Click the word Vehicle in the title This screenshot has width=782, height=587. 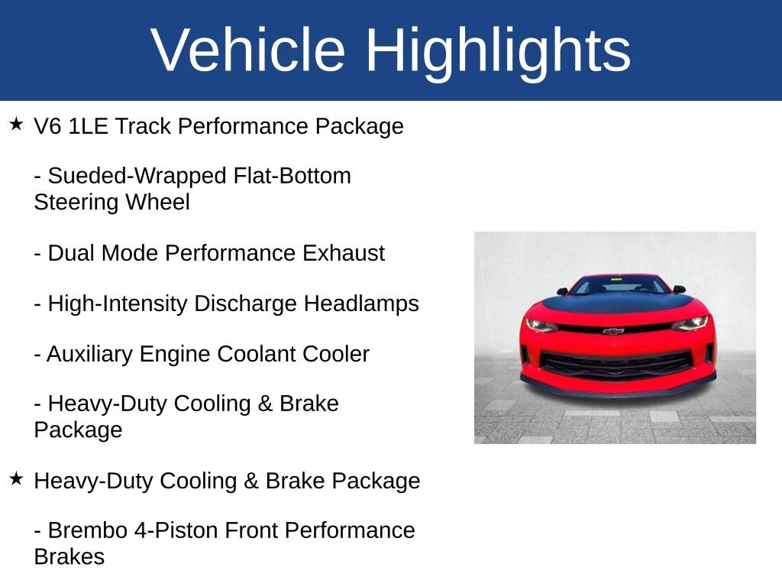tap(249, 50)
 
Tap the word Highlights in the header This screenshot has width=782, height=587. tap(497, 50)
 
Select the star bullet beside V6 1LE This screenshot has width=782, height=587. tap(17, 124)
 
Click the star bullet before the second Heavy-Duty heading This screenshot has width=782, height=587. tap(17, 478)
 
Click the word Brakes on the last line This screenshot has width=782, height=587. tap(69, 556)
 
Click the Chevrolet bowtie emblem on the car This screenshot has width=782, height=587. tap(612, 331)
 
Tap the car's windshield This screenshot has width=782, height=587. tap(619, 286)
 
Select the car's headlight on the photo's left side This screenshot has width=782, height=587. tap(541, 324)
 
